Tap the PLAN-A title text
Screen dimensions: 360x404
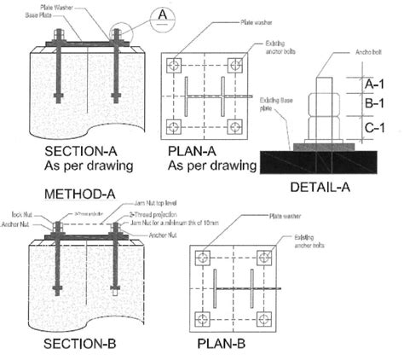tap(199, 151)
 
